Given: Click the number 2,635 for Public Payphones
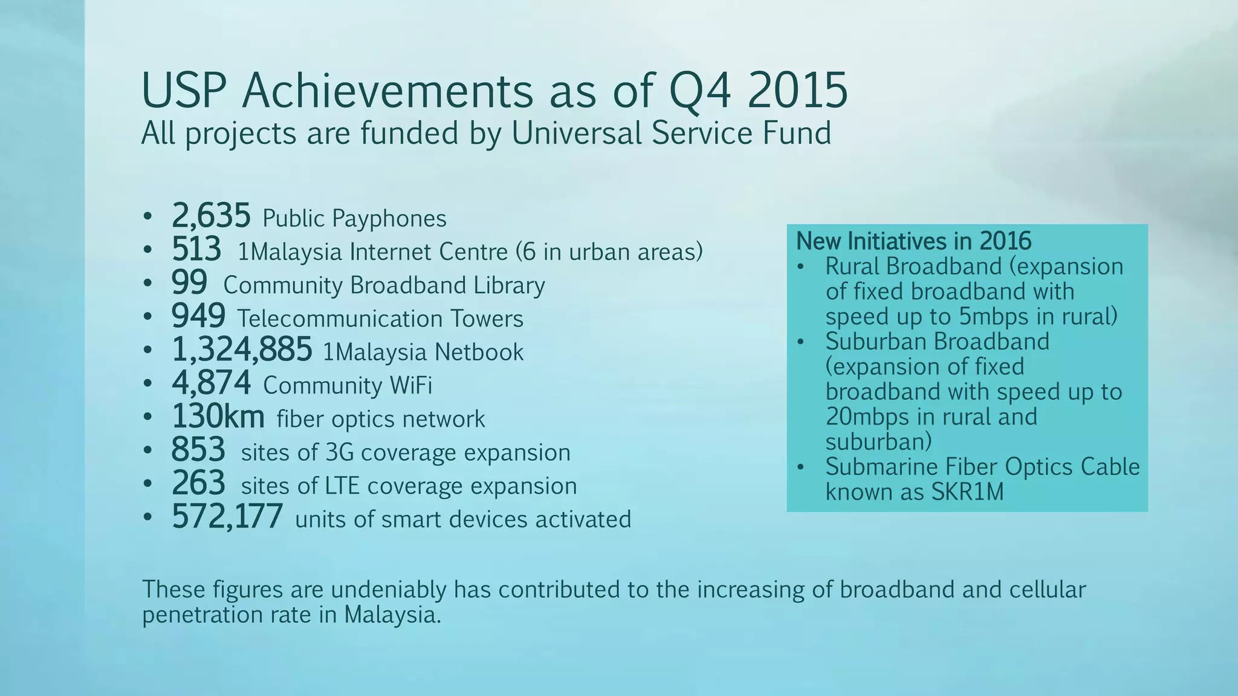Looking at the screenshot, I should click(x=211, y=216).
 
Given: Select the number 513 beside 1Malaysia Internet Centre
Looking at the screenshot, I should click(x=196, y=250).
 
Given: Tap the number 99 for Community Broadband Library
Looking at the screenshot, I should click(x=189, y=283).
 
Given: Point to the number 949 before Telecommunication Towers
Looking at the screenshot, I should click(x=198, y=317).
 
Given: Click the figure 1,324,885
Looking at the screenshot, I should click(x=242, y=350).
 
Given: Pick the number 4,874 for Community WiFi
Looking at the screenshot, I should click(x=211, y=383).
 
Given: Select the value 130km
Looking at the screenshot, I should click(x=218, y=416).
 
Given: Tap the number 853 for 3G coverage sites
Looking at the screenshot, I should click(x=198, y=450).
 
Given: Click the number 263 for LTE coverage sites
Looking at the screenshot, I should click(x=198, y=483).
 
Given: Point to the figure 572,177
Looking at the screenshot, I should click(x=227, y=517).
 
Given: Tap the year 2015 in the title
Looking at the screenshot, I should click(x=797, y=91).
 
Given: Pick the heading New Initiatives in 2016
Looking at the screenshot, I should click(x=913, y=241).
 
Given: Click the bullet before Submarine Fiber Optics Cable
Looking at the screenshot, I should click(x=801, y=468).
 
